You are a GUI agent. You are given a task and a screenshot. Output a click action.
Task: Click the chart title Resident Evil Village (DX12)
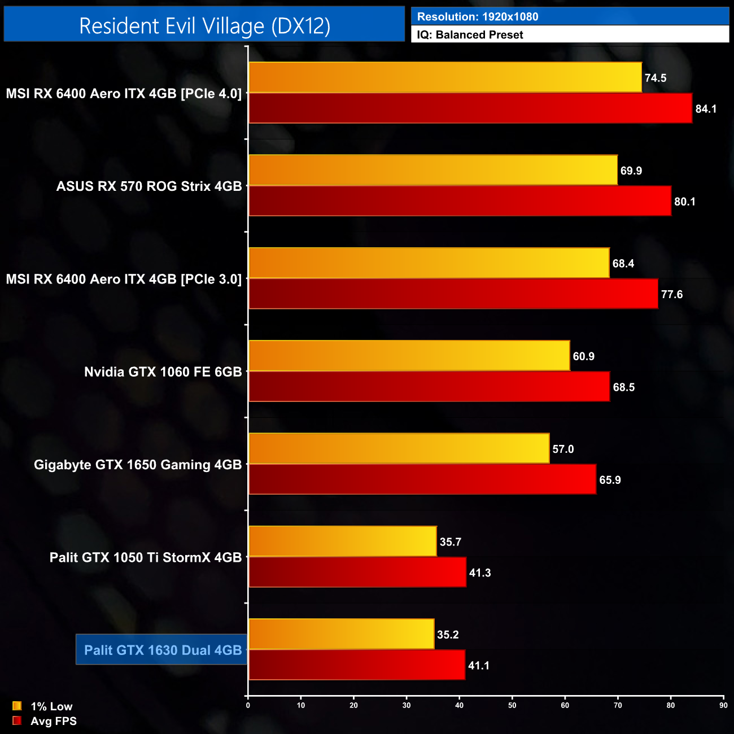pyautogui.click(x=204, y=26)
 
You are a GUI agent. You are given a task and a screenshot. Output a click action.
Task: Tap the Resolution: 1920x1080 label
pyautogui.click(x=478, y=16)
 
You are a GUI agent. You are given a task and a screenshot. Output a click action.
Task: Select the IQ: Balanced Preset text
pyautogui.click(x=470, y=34)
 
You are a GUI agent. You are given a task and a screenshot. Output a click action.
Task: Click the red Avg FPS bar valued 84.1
pyautogui.click(x=470, y=108)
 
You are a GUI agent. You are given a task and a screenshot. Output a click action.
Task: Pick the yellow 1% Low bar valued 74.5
pyautogui.click(x=445, y=77)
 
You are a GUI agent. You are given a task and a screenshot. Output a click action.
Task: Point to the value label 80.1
pyautogui.click(x=684, y=202)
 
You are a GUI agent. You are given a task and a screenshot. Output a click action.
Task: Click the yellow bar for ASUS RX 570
pyautogui.click(x=433, y=170)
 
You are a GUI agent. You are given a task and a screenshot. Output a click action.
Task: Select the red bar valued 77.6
pyautogui.click(x=453, y=294)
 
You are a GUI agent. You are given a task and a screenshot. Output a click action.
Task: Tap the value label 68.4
pyautogui.click(x=623, y=264)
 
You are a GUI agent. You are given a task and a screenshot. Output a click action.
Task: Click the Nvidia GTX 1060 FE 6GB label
pyautogui.click(x=163, y=372)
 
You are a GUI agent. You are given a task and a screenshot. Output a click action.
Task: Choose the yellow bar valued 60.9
pyautogui.click(x=409, y=356)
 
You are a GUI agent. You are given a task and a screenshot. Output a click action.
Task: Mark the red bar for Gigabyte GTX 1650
pyautogui.click(x=422, y=479)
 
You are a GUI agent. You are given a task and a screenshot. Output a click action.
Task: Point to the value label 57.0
pyautogui.click(x=563, y=449)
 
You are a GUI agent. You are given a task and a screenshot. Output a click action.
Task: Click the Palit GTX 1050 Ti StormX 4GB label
pyautogui.click(x=146, y=557)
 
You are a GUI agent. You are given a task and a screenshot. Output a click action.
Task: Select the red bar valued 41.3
pyautogui.click(x=357, y=573)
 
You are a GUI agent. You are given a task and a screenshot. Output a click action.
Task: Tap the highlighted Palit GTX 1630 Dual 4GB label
pyautogui.click(x=163, y=650)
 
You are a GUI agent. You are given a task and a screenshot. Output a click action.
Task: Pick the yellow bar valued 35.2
pyautogui.click(x=341, y=634)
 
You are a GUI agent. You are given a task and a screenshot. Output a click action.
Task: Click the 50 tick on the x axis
pyautogui.click(x=512, y=705)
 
